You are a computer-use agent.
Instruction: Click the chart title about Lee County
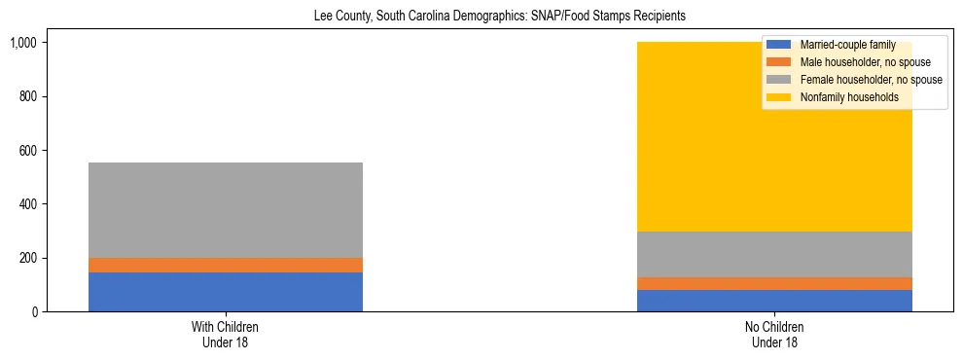tap(481, 17)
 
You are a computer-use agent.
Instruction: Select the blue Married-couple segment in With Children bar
tap(226, 292)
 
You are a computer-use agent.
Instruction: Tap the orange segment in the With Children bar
tap(226, 265)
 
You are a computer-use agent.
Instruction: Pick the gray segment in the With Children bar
tap(226, 210)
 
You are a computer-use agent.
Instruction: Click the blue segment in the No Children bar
tap(775, 301)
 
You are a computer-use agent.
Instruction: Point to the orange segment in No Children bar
tap(775, 283)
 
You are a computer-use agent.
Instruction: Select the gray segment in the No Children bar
tap(775, 254)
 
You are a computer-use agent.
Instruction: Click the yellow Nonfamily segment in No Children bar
tap(681, 136)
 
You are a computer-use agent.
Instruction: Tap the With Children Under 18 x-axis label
tap(226, 335)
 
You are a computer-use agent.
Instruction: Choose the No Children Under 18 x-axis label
tap(775, 335)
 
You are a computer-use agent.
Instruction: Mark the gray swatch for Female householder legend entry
tap(779, 80)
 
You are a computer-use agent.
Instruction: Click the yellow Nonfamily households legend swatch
tap(779, 97)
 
